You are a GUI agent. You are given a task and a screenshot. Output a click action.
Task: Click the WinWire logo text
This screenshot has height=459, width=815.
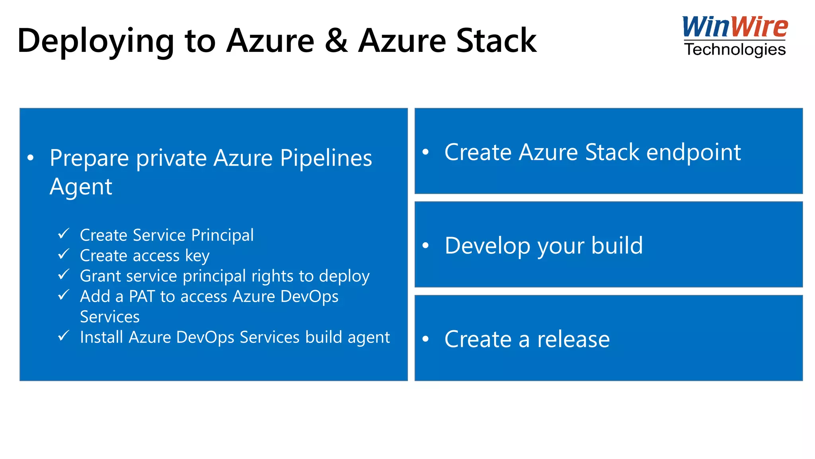click(735, 27)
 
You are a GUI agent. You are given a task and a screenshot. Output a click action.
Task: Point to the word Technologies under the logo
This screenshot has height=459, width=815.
click(735, 49)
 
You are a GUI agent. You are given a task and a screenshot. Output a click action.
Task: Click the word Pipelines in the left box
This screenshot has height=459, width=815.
click(326, 158)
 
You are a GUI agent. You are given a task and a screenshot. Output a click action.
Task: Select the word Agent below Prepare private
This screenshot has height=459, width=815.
click(81, 187)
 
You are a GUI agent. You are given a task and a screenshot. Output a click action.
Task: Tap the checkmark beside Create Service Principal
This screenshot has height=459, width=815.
click(64, 233)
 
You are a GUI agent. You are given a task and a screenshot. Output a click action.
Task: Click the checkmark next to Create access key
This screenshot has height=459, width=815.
click(64, 254)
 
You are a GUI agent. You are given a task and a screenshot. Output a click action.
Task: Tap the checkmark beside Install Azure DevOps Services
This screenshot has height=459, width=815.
click(64, 335)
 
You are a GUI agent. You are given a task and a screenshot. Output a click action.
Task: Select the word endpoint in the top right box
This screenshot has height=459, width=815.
click(693, 153)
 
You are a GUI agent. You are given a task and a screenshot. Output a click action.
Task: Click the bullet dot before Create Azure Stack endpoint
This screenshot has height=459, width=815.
click(426, 152)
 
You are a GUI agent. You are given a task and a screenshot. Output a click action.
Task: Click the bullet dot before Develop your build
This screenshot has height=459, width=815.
click(426, 245)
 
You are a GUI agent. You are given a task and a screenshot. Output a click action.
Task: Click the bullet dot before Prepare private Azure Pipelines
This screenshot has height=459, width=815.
click(31, 158)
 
